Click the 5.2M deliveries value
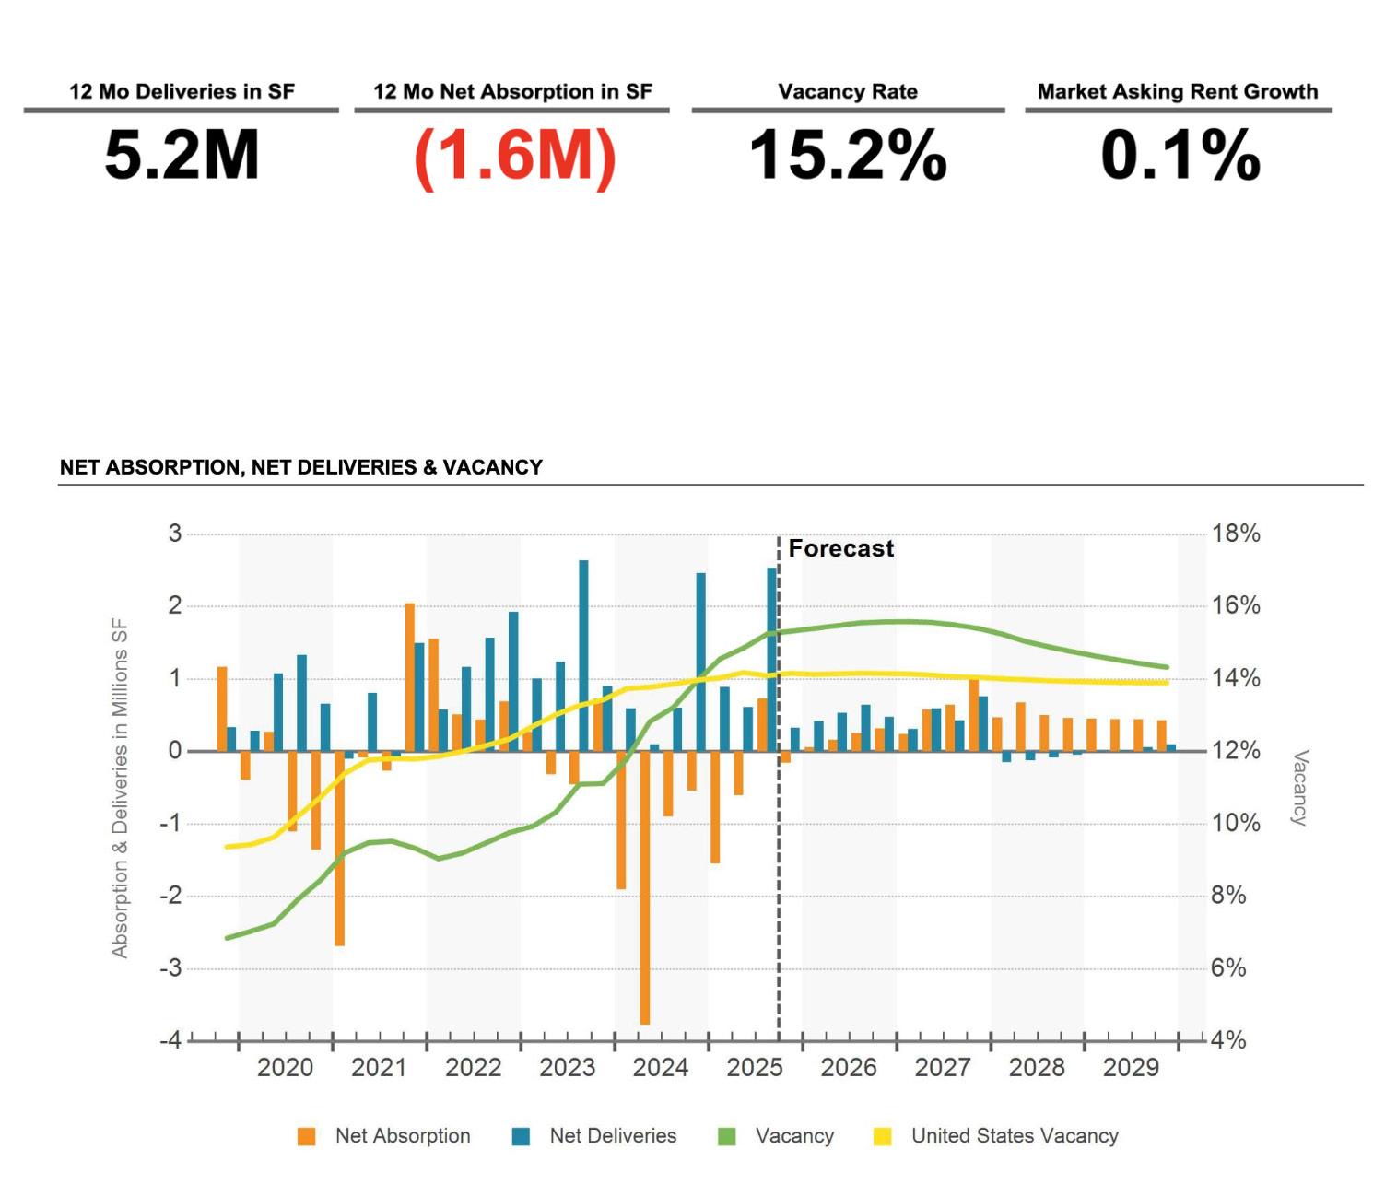pos(182,155)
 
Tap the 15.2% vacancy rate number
pos(848,155)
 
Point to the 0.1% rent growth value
pos(1180,155)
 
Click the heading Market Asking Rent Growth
pos(1177,91)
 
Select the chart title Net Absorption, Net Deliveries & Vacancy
pos(301,467)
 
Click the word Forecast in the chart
pos(840,548)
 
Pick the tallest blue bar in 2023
pos(583,654)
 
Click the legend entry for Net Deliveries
pos(612,1135)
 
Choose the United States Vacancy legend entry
pos(1014,1135)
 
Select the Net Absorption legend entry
pos(402,1135)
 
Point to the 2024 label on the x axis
pos(660,1067)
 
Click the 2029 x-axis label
pos(1130,1067)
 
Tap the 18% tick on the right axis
pos(1235,534)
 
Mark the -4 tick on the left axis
pos(170,1040)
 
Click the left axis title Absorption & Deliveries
pos(120,788)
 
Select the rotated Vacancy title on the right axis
pos(1300,788)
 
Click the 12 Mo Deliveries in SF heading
pos(182,91)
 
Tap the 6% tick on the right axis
pos(1228,967)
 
